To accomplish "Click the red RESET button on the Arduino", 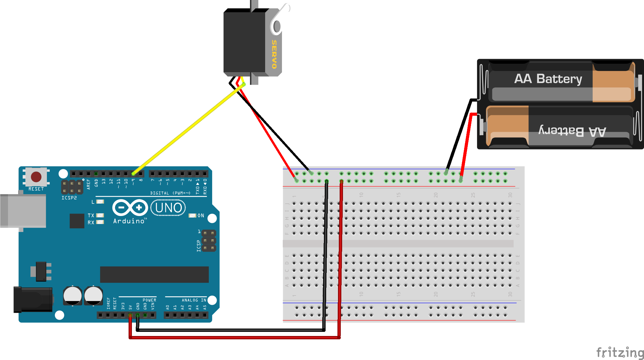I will [x=36, y=177].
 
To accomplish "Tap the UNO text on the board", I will [x=168, y=208].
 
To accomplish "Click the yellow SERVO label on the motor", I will [x=274, y=54].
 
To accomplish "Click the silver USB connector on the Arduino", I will [x=23, y=211].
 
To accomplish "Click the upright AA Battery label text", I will [x=548, y=79].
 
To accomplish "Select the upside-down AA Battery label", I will [x=572, y=131].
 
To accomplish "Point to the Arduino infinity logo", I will [x=130, y=207].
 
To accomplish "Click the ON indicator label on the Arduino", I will [x=201, y=215].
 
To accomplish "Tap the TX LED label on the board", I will [x=91, y=215].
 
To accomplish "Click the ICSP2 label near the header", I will [x=69, y=198].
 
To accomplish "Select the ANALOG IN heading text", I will [x=194, y=300].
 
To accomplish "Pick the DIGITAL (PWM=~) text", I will [x=170, y=193].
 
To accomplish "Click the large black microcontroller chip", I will [x=154, y=274].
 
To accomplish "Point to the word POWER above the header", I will [x=149, y=300].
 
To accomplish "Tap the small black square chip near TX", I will [x=77, y=221].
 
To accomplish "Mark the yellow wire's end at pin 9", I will [x=133, y=174].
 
